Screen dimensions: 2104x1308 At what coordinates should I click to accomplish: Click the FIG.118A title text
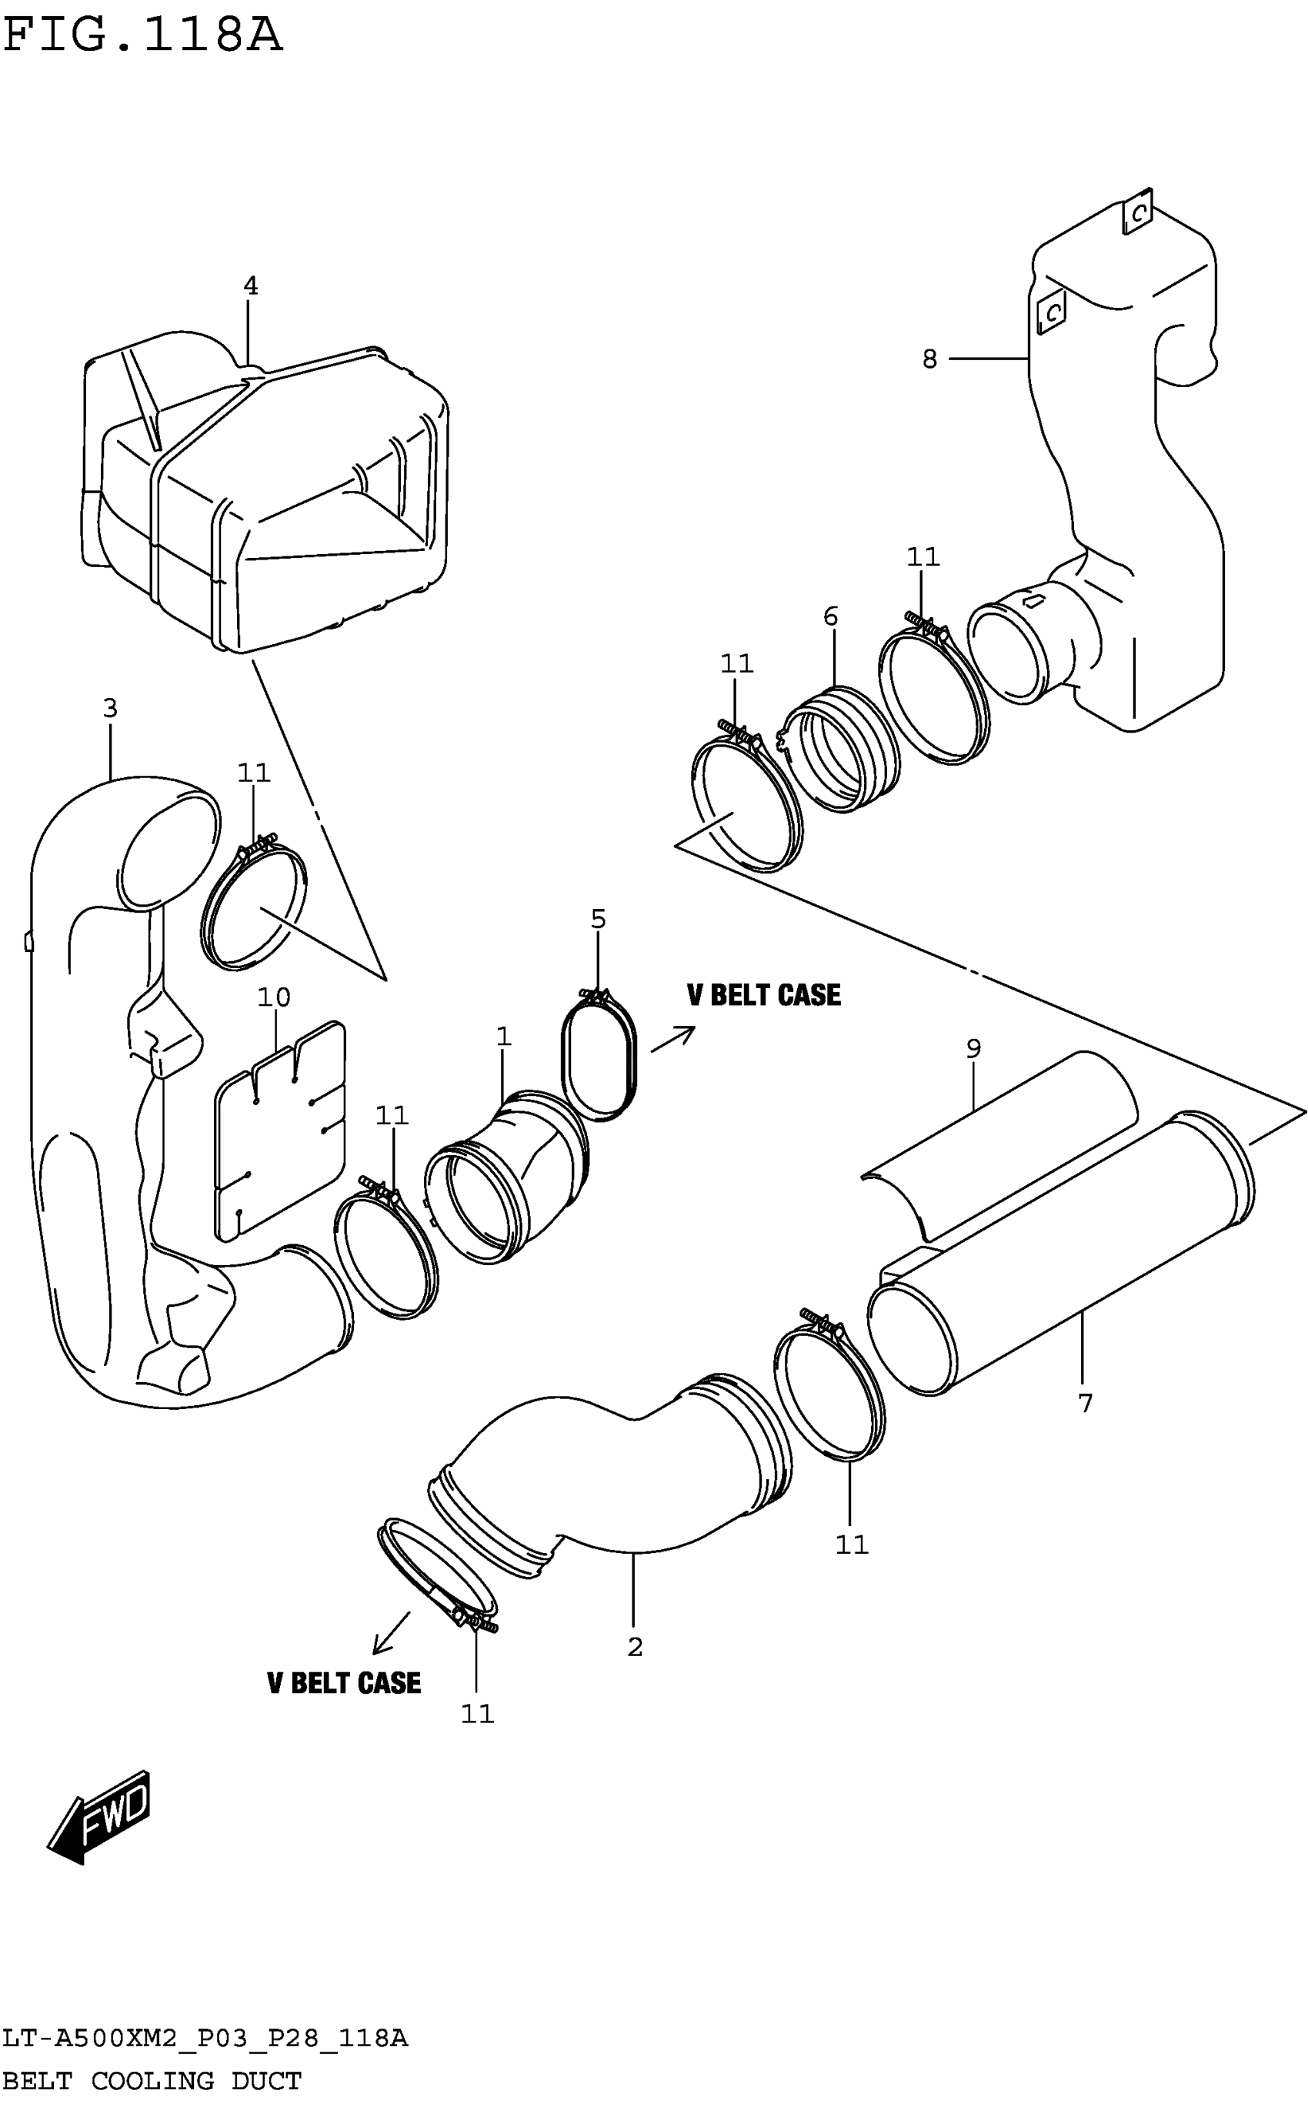(x=143, y=36)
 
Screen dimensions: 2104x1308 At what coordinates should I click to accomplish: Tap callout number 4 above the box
(x=250, y=286)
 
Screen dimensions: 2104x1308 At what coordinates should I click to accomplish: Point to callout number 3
(x=110, y=709)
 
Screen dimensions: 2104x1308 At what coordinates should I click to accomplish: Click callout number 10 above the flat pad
(x=273, y=997)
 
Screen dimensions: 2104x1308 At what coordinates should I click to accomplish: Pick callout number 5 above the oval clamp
(x=598, y=919)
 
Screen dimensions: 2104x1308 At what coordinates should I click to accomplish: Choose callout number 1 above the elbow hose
(x=503, y=1037)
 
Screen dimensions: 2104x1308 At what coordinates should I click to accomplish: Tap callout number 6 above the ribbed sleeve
(x=830, y=617)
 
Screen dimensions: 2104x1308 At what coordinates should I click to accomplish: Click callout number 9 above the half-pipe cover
(x=973, y=1049)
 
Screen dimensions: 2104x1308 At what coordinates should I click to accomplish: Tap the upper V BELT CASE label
(x=763, y=995)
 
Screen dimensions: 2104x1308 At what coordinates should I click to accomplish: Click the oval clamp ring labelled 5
(x=600, y=1057)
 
